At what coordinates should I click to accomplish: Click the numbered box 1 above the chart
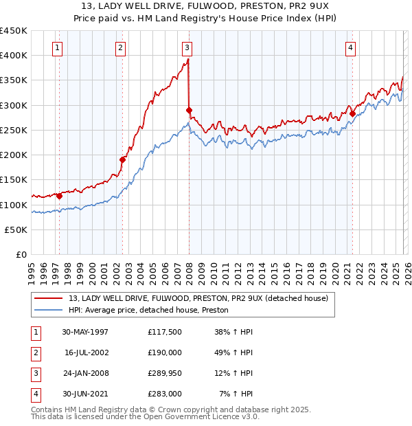(x=56, y=47)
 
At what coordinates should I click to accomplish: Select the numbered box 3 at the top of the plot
(x=187, y=47)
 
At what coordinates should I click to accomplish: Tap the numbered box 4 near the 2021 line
(x=350, y=47)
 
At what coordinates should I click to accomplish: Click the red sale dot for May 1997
(x=60, y=196)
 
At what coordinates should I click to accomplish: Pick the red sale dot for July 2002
(x=123, y=159)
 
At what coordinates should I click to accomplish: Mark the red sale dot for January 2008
(x=189, y=110)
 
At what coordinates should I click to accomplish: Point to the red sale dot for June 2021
(x=352, y=113)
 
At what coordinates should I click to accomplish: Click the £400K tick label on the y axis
(x=14, y=56)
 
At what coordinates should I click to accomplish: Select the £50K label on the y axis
(x=16, y=230)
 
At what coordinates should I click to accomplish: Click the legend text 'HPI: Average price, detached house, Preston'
(x=148, y=311)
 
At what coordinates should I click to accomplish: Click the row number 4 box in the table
(x=34, y=394)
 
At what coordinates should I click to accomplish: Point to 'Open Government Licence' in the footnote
(x=199, y=416)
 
